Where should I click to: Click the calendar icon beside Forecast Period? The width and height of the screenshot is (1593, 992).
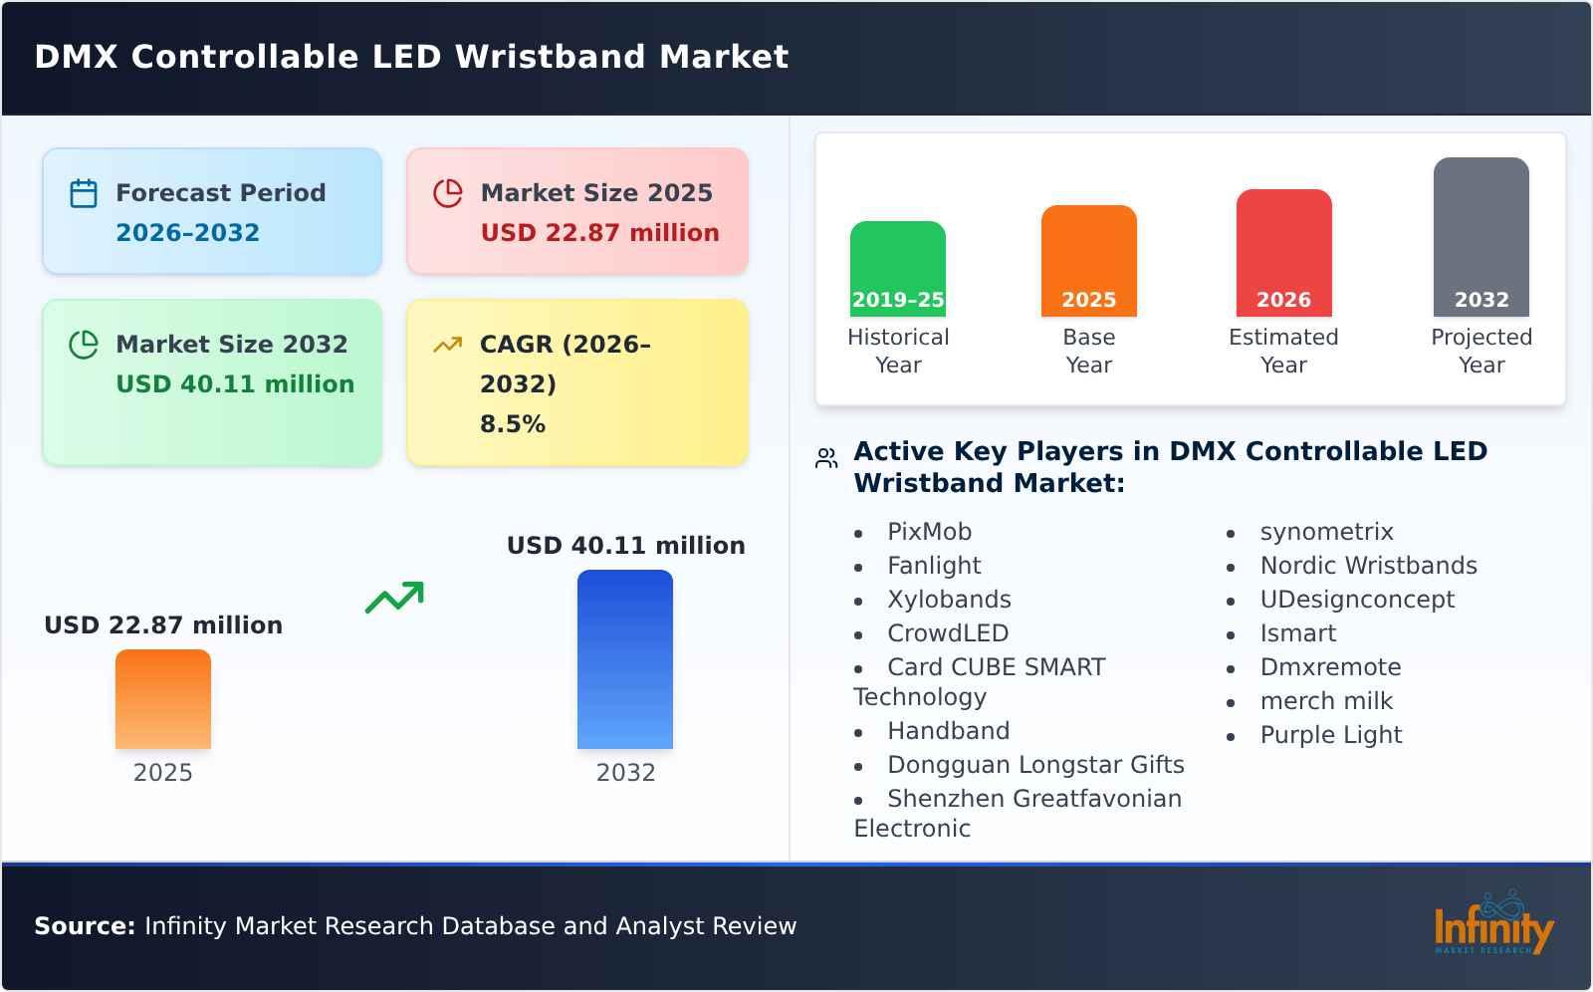tap(84, 193)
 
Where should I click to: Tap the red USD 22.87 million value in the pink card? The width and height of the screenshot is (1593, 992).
tap(599, 232)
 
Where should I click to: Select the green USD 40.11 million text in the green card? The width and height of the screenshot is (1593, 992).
tap(235, 383)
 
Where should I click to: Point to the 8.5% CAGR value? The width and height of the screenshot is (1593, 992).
tap(513, 423)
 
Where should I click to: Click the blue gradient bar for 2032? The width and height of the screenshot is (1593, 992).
tap(625, 658)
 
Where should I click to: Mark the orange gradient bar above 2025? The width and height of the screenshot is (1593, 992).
tap(163, 698)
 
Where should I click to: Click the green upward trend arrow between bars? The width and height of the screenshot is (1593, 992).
tap(394, 597)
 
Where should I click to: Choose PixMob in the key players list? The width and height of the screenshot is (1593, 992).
tap(929, 532)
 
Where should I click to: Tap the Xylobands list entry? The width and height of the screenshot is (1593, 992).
tap(949, 600)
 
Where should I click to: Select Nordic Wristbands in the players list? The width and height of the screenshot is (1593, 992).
tap(1368, 566)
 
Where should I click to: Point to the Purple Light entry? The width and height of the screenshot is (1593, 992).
tap(1330, 735)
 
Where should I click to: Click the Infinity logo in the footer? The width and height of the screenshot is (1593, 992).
tap(1492, 925)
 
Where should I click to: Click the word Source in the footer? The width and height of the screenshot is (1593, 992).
tap(84, 926)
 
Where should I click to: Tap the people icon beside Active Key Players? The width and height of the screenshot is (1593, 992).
tap(826, 458)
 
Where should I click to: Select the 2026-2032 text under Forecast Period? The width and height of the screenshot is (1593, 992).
tap(187, 232)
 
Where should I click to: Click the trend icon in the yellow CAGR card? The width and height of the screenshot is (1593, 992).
tap(447, 345)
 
